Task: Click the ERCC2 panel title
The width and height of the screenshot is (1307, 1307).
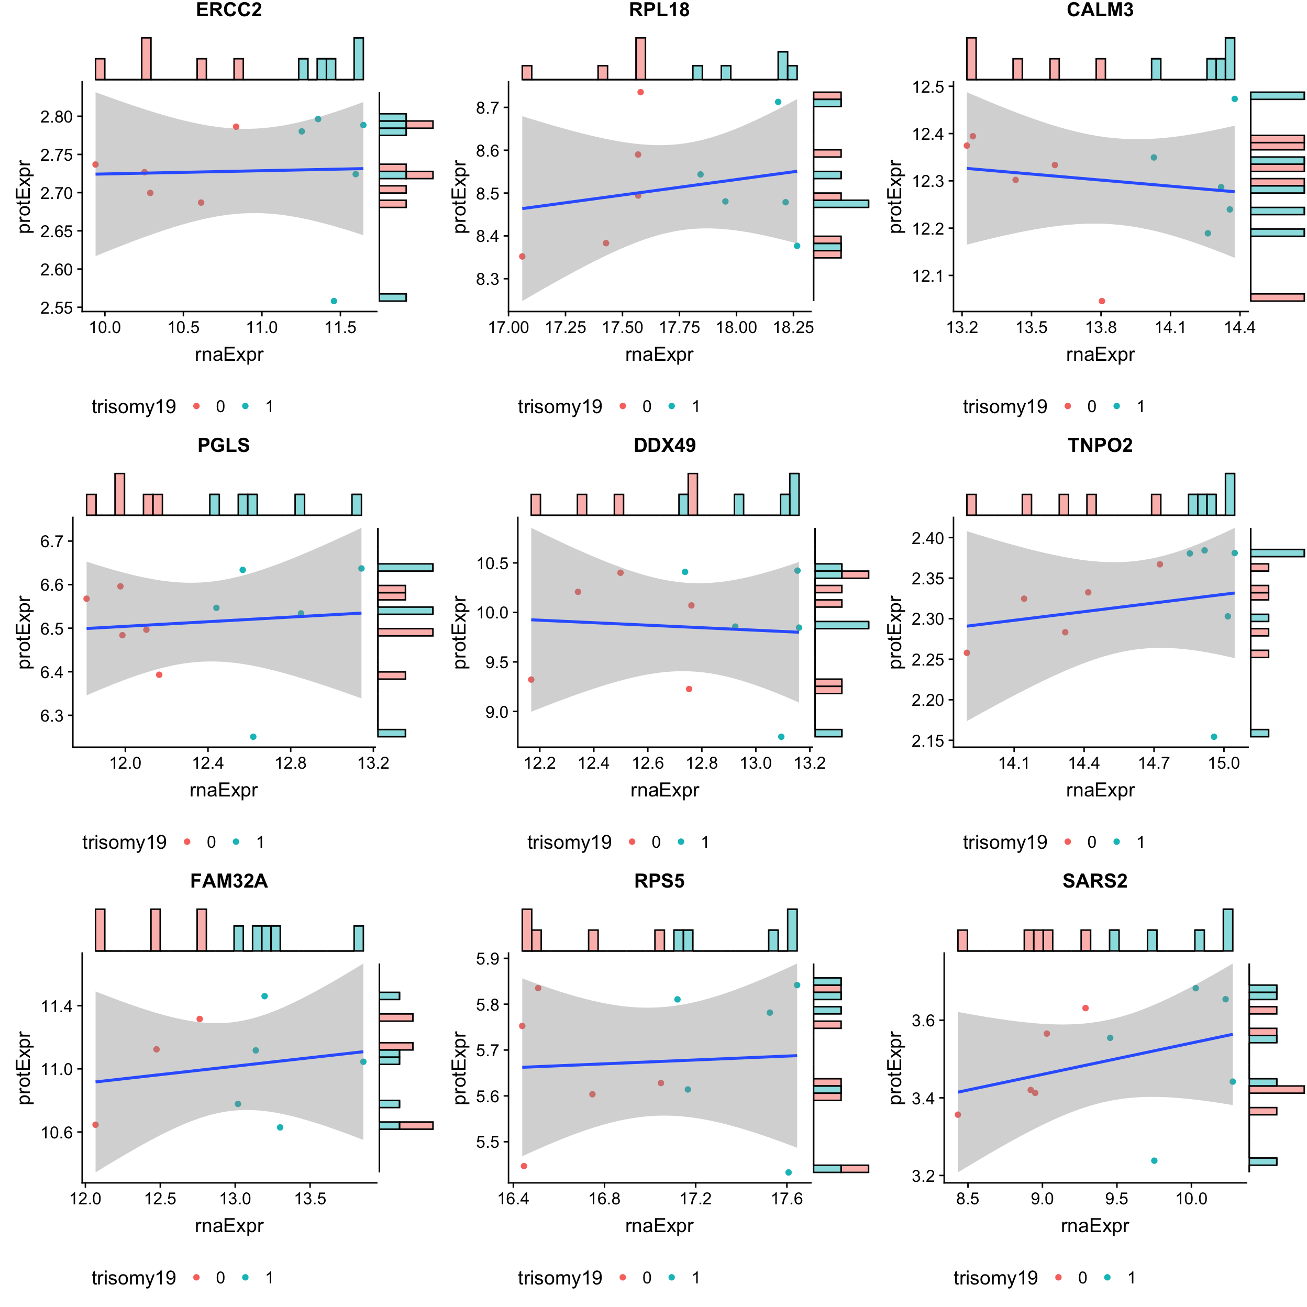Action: pos(229,10)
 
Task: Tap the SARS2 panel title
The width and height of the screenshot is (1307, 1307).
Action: pos(1094,881)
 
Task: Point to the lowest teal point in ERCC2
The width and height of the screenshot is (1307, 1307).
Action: pos(334,301)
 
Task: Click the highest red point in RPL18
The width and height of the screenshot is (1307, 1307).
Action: pos(640,92)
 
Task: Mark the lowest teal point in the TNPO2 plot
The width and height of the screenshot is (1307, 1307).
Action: pos(1214,737)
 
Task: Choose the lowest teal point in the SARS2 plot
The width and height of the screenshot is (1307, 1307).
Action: pos(1154,1161)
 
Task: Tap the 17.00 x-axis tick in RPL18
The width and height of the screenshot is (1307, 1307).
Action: pos(509,328)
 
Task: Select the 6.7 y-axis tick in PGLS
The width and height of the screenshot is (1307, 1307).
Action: pos(51,541)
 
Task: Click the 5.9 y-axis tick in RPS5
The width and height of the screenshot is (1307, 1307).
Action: pos(487,959)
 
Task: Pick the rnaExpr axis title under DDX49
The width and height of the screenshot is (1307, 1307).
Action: pos(664,790)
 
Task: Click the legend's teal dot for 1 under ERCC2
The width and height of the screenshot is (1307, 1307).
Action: pos(246,406)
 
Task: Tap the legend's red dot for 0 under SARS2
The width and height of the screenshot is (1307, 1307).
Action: pos(1058,1277)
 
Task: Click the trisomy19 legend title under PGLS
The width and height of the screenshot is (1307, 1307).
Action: pos(125,842)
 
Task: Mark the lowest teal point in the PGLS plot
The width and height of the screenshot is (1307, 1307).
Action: pos(253,737)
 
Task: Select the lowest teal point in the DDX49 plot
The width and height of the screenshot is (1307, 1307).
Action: pos(781,737)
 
